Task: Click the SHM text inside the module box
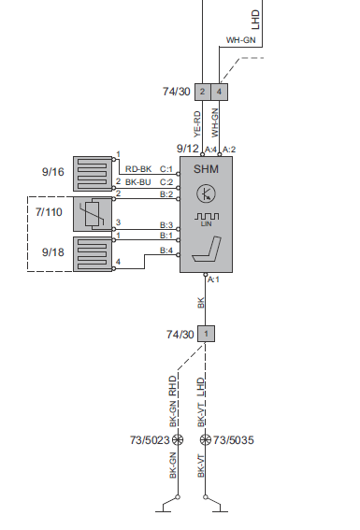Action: [206, 169]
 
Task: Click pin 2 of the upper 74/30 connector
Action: [202, 92]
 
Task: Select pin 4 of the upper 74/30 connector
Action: [219, 92]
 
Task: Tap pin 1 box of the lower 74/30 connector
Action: [207, 334]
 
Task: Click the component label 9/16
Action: [53, 172]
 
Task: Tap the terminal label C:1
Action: [166, 169]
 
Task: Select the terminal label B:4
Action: [166, 250]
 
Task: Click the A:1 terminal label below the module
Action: [212, 279]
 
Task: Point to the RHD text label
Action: [173, 384]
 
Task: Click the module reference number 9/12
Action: [187, 148]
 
